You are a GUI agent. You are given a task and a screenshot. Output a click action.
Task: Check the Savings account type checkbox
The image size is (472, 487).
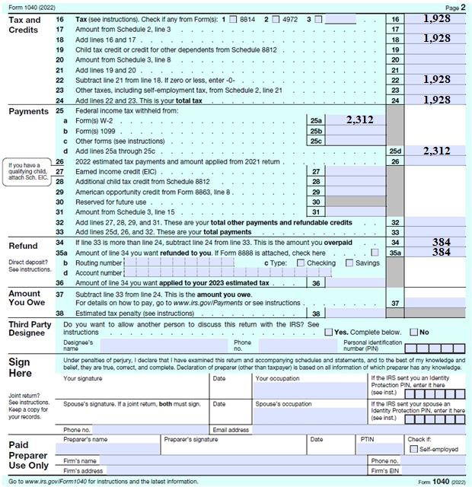(x=349, y=263)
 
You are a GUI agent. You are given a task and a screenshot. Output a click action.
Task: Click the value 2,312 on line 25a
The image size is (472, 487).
(x=360, y=119)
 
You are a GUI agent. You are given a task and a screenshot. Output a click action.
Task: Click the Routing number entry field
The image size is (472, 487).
(x=190, y=263)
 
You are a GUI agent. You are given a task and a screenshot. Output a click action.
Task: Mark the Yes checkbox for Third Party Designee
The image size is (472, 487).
(x=329, y=333)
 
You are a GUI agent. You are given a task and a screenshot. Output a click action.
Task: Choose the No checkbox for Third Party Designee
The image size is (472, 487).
(x=414, y=333)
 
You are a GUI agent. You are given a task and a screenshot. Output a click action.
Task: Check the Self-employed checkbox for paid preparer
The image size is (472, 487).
(x=413, y=449)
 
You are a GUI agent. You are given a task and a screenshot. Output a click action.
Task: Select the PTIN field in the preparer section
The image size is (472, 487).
(x=379, y=449)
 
